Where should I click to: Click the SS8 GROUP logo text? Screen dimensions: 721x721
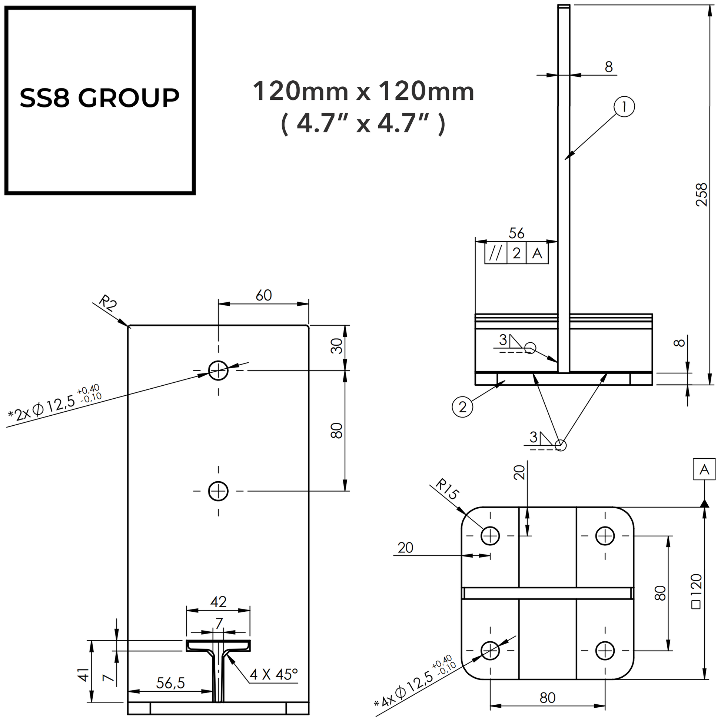(x=99, y=98)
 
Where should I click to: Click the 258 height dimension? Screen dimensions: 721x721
(x=702, y=195)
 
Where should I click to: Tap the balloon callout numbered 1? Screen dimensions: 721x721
(x=624, y=107)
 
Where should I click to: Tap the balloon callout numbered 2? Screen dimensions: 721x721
(x=462, y=407)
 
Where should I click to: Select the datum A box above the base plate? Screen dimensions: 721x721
(x=704, y=469)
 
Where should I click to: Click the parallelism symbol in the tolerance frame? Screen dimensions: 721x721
(x=496, y=254)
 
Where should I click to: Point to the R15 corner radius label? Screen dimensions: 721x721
(x=447, y=489)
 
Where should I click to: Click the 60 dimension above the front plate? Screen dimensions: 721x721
(x=263, y=296)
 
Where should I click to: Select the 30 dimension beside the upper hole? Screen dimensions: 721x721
(x=337, y=346)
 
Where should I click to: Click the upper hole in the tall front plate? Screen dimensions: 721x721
(x=218, y=370)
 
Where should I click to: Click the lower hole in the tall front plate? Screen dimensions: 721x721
(x=218, y=491)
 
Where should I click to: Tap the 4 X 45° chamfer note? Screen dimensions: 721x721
(x=273, y=674)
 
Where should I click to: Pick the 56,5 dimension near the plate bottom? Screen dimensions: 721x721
(x=170, y=683)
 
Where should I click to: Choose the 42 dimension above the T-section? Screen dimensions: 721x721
(x=218, y=602)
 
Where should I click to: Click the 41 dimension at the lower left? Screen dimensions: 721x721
(x=84, y=675)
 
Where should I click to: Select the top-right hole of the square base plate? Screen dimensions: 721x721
(x=605, y=536)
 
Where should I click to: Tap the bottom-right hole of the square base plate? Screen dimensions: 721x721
(x=605, y=651)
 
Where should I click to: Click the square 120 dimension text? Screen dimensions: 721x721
(x=697, y=591)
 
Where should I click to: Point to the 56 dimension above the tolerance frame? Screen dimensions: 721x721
(x=516, y=234)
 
